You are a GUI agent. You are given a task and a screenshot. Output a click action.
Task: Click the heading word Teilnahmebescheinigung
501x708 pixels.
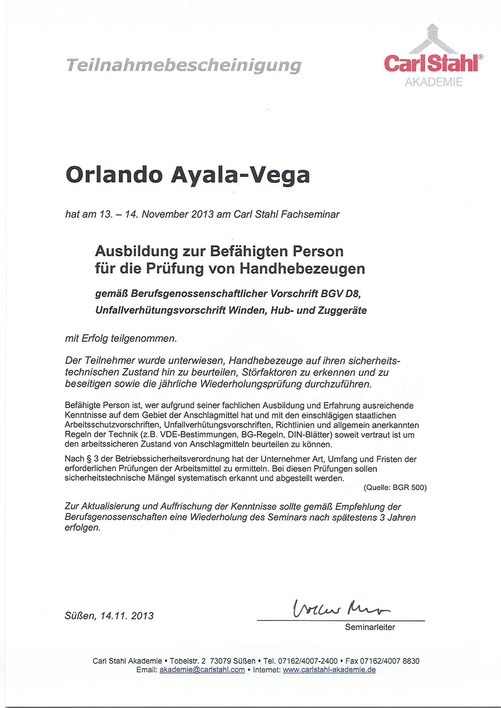[183, 65]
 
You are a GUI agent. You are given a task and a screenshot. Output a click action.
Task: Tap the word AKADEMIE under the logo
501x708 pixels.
[434, 83]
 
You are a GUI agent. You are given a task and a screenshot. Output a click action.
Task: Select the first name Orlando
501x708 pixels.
[114, 174]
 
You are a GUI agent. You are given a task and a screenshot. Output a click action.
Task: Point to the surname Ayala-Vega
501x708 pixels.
[241, 175]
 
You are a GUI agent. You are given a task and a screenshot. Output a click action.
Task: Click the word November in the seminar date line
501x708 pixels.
[165, 214]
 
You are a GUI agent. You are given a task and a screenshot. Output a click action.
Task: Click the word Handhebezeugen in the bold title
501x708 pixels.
[302, 269]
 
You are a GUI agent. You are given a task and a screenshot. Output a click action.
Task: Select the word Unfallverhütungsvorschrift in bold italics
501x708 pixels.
[160, 310]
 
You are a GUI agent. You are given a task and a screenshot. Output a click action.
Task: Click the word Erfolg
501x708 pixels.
[101, 338]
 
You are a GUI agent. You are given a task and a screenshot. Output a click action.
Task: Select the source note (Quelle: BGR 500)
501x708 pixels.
[395, 487]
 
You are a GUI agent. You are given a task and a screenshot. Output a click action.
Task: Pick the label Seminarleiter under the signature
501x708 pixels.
[370, 627]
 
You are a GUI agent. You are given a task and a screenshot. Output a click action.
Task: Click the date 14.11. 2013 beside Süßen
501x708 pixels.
[127, 616]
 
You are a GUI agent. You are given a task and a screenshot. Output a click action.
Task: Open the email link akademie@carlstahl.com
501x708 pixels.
[202, 670]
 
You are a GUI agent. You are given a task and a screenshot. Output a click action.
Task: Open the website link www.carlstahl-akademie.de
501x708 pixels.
[329, 670]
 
